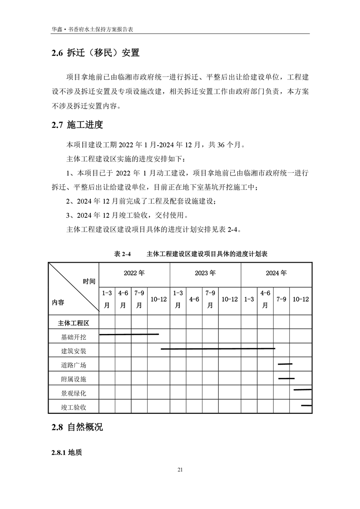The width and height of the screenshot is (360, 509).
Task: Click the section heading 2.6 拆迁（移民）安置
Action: pyautogui.click(x=95, y=53)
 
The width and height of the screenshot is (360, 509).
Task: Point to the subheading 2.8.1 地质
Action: pyautogui.click(x=68, y=453)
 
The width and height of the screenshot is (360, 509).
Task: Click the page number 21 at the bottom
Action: pyautogui.click(x=180, y=470)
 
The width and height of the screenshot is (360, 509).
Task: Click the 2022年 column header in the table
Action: pyautogui.click(x=134, y=274)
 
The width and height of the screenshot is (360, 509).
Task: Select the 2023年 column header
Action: pyautogui.click(x=205, y=274)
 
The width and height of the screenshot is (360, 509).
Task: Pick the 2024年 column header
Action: pyautogui.click(x=276, y=274)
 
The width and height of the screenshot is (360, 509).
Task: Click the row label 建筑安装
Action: pyautogui.click(x=74, y=351)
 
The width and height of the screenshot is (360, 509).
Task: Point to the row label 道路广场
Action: pyautogui.click(x=74, y=365)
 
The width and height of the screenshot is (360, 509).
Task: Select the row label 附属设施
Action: pyautogui.click(x=74, y=379)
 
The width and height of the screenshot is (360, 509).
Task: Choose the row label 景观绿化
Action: pyautogui.click(x=74, y=393)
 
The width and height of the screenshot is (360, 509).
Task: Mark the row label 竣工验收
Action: pyautogui.click(x=74, y=407)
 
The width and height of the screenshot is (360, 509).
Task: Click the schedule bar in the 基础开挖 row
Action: pyautogui.click(x=129, y=335)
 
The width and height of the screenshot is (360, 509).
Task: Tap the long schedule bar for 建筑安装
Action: pyautogui.click(x=218, y=349)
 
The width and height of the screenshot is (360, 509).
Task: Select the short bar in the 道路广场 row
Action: pyautogui.click(x=285, y=364)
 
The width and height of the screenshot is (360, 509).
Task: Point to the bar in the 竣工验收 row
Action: pyautogui.click(x=306, y=405)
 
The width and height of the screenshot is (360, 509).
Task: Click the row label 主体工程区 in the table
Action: pyautogui.click(x=74, y=323)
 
